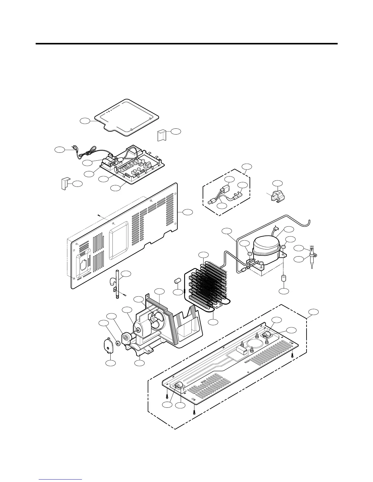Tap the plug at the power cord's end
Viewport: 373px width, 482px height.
pos(74,148)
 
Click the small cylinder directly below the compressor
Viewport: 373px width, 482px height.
pos(284,278)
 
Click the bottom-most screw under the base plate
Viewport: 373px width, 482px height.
pos(194,412)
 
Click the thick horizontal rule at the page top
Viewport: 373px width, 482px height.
pos(187,44)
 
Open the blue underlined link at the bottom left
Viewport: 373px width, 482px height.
pos(60,480)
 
